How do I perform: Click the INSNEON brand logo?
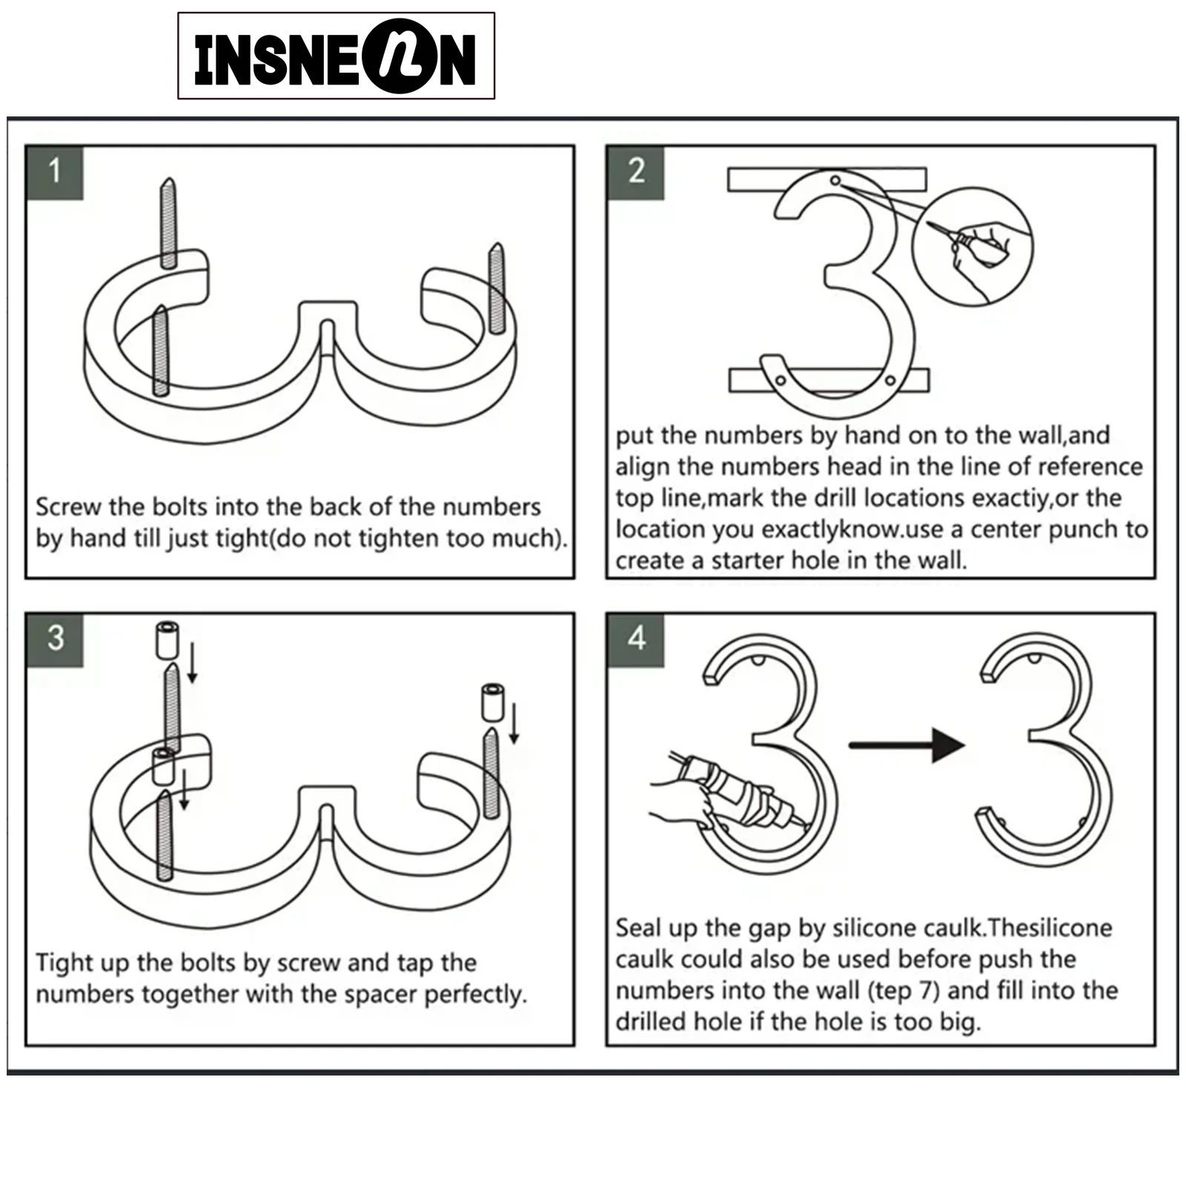point(336,56)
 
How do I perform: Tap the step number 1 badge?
point(54,172)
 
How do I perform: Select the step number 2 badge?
point(636,172)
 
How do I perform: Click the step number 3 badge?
point(55,639)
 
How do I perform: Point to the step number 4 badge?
point(636,639)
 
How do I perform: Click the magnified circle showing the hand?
point(973,247)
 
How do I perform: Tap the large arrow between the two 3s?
point(907,744)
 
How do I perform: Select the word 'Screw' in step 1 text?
point(68,507)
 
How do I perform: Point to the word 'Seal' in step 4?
point(639,928)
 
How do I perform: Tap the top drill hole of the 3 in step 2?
point(835,180)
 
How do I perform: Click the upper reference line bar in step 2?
point(826,179)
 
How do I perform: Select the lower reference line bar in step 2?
point(829,380)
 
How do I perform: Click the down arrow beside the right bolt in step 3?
point(514,723)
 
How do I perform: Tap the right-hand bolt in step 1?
point(497,290)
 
